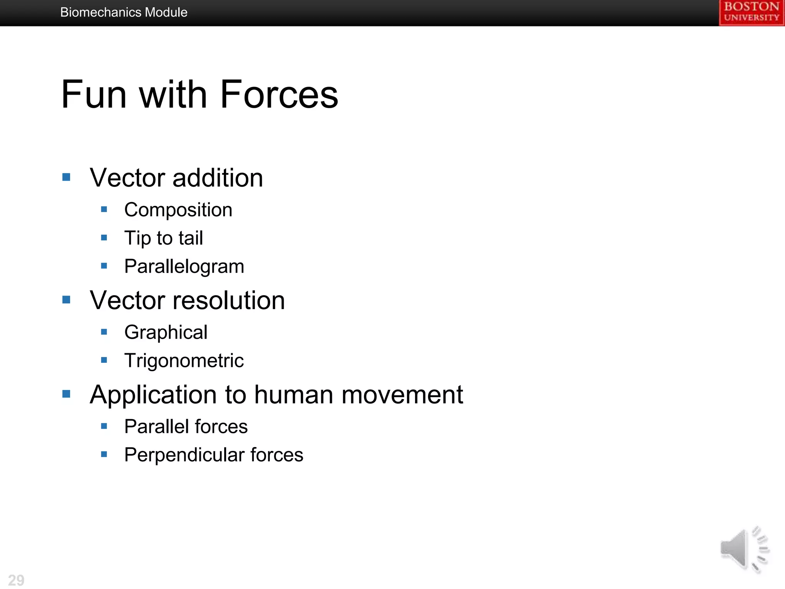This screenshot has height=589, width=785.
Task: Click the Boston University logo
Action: [751, 12]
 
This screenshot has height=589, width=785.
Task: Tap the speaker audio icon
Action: [744, 549]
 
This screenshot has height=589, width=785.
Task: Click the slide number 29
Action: [16, 580]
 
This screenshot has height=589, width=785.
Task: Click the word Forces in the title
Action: [279, 94]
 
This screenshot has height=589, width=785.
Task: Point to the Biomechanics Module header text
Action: [124, 12]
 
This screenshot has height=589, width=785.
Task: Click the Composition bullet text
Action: [178, 210]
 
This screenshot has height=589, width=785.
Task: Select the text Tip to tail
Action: [164, 238]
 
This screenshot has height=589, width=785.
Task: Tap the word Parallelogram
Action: [184, 267]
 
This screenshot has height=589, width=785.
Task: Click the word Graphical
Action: [166, 332]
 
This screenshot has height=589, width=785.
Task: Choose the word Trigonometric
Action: [184, 361]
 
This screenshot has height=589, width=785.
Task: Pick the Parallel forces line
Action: [186, 427]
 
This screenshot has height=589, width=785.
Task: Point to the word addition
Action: [218, 178]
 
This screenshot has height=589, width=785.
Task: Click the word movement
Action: [402, 395]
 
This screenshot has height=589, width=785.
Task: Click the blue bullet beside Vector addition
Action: [66, 177]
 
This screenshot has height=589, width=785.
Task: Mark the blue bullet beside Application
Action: [66, 394]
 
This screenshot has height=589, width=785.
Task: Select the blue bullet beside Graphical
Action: [104, 332]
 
